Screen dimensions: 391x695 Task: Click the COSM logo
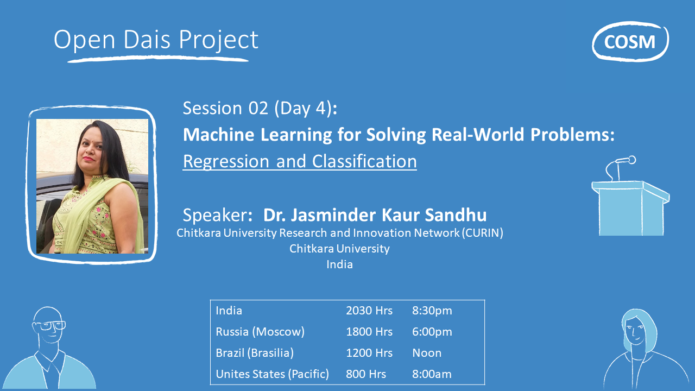(x=630, y=41)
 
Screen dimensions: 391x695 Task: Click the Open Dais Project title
(x=156, y=40)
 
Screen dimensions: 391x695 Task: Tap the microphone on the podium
(x=624, y=161)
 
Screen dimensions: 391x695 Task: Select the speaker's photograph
(x=92, y=186)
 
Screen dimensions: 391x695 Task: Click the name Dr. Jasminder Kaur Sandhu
(x=375, y=215)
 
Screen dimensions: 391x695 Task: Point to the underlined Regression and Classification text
(x=300, y=161)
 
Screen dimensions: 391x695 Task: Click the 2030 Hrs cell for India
(x=369, y=311)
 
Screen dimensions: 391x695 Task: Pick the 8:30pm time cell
(x=432, y=311)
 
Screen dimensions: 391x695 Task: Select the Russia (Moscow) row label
(x=260, y=332)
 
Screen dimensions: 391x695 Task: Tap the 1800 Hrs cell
(x=369, y=332)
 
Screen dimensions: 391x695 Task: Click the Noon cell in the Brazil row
(x=427, y=353)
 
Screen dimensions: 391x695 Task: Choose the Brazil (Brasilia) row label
(x=255, y=353)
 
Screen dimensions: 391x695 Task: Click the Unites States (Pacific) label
(x=272, y=374)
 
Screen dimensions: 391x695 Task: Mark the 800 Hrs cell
(x=366, y=374)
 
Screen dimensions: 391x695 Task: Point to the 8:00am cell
(x=432, y=374)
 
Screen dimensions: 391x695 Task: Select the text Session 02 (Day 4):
(x=260, y=108)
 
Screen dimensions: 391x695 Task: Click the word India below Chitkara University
(x=339, y=264)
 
